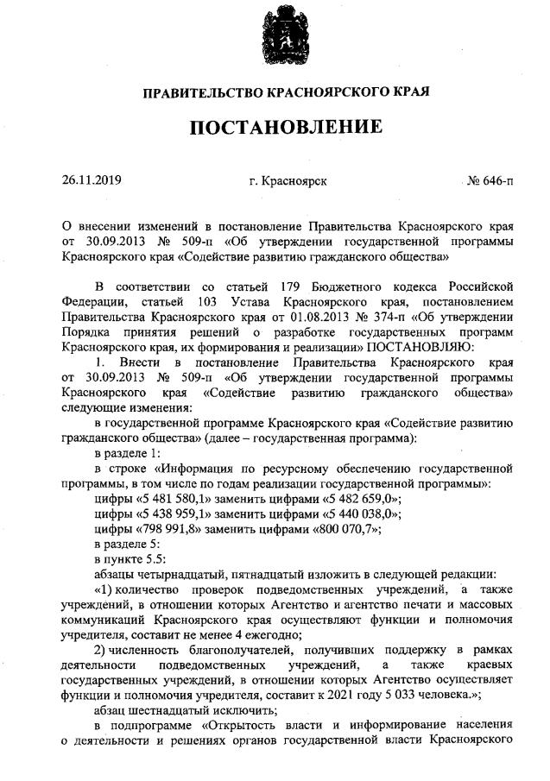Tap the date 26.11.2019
coord(92,181)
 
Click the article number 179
coord(291,287)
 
